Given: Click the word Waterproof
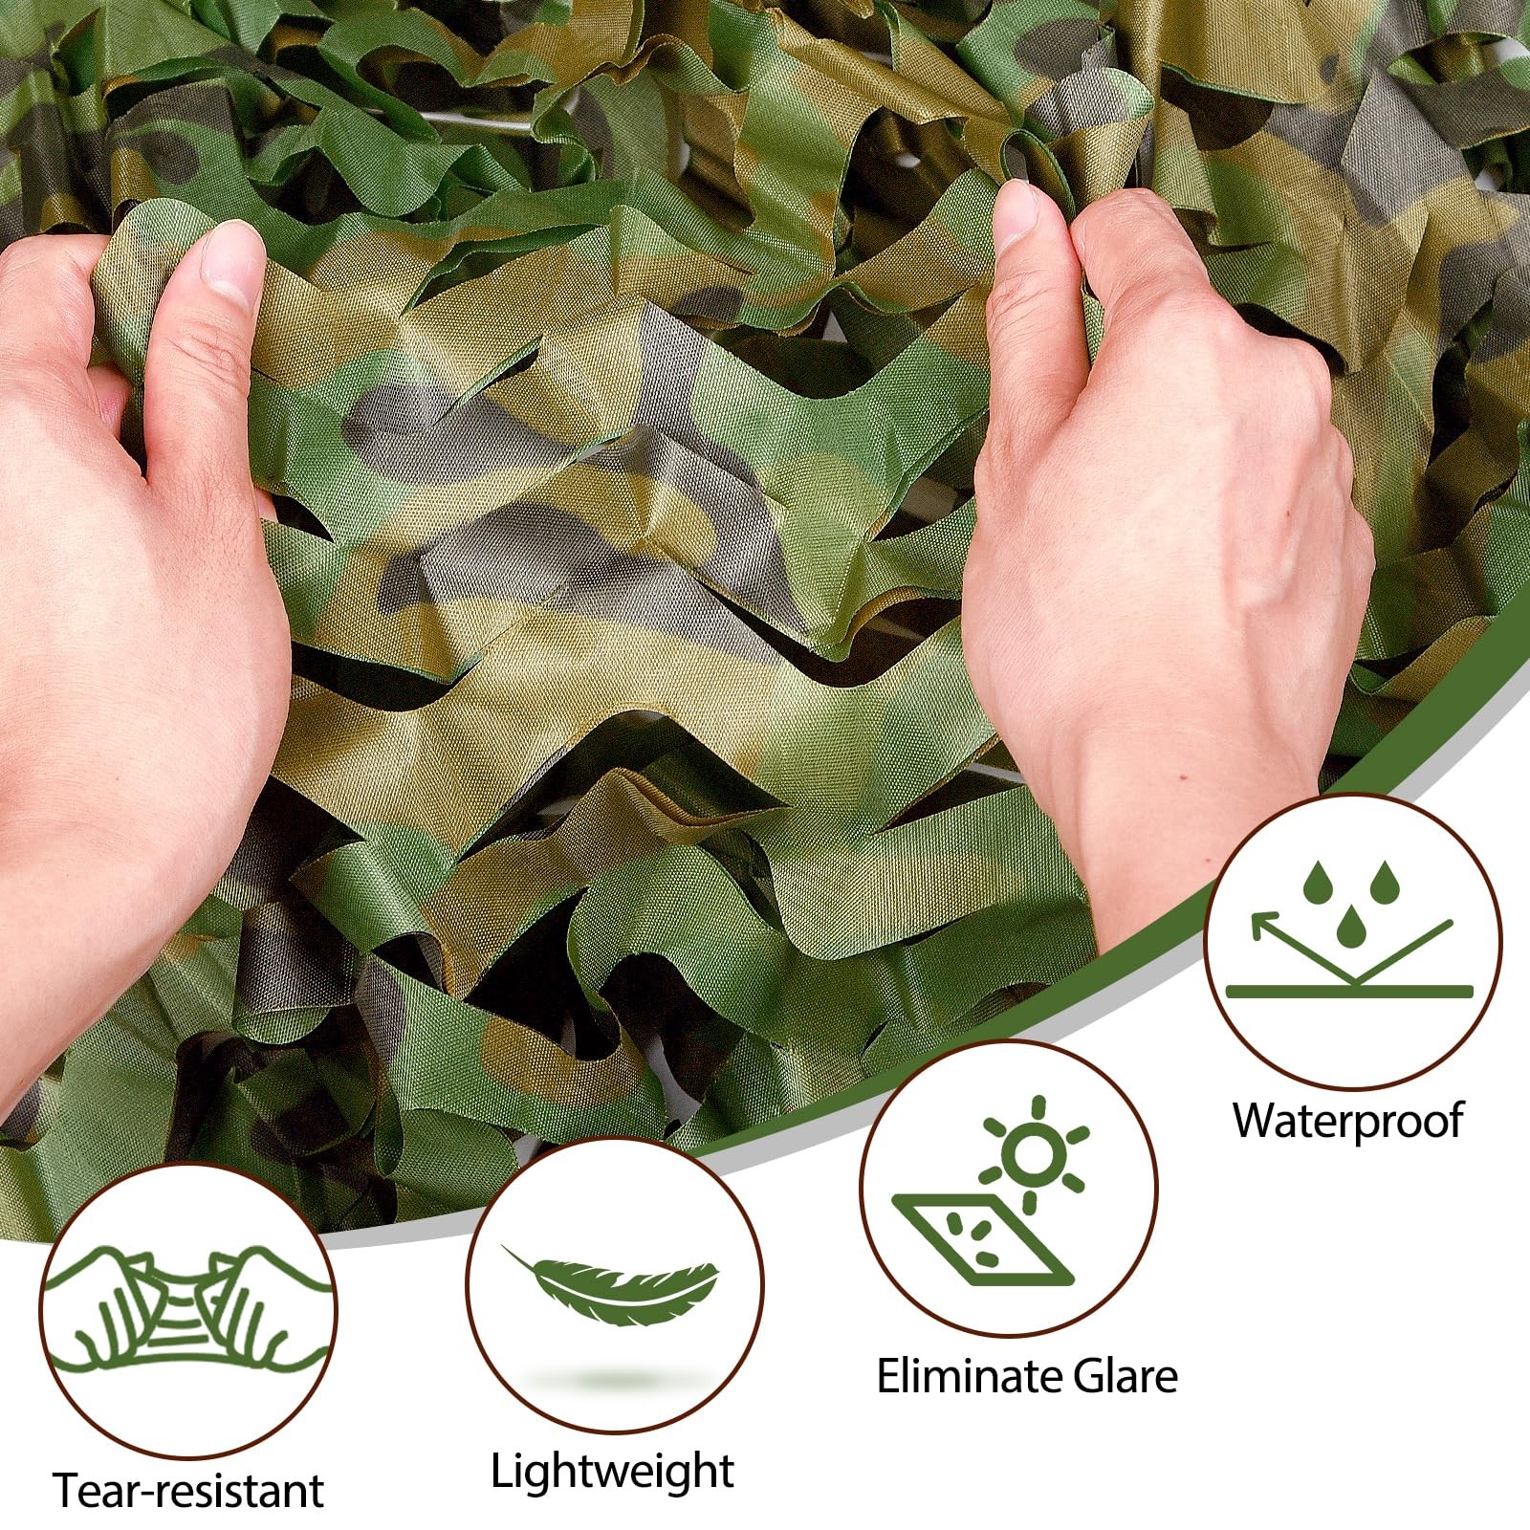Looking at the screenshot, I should pyautogui.click(x=1347, y=1120).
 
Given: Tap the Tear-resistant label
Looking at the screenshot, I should pyautogui.click(x=188, y=1489).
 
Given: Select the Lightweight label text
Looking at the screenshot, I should pyautogui.click(x=612, y=1471).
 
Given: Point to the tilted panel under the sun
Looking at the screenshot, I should pyautogui.click(x=980, y=1238).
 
